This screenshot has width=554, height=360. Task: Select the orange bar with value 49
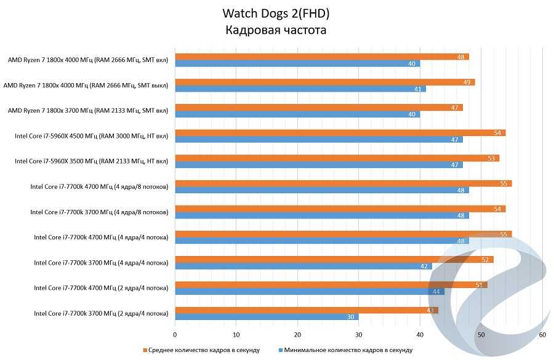325,82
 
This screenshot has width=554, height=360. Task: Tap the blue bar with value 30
267,317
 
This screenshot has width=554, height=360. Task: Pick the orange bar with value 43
307,310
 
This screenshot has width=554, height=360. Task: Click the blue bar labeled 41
300,89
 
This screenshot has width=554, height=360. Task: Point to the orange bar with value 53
337,158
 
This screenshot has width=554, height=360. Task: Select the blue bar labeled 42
303,266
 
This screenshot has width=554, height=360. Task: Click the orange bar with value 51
331,284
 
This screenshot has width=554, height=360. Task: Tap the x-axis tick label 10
236,335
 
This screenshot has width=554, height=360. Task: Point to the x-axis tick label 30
359,335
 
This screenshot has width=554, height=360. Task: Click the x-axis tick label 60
542,335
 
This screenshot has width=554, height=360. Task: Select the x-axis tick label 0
175,335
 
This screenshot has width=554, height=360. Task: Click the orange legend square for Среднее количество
146,350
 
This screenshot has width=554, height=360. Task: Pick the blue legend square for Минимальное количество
279,350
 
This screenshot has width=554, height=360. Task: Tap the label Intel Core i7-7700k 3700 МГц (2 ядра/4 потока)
101,313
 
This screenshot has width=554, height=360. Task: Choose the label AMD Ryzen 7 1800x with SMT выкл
86,86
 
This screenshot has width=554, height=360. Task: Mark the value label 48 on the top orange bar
461,57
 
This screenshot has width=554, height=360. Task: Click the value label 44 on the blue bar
436,292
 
